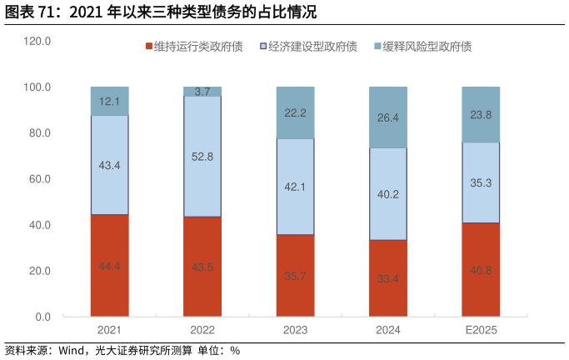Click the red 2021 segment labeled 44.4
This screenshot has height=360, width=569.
click(x=109, y=265)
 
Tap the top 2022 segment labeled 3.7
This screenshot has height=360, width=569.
click(x=202, y=92)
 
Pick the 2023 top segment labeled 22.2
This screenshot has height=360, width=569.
click(x=295, y=112)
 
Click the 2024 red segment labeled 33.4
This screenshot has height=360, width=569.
click(x=388, y=278)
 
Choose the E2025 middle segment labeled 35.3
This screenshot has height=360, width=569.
click(x=481, y=182)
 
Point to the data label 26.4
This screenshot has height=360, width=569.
click(x=388, y=118)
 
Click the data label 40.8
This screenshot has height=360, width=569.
click(x=481, y=270)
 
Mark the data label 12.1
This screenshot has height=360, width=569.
click(x=109, y=102)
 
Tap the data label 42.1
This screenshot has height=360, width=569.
click(x=295, y=187)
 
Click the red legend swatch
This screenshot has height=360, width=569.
click(x=149, y=47)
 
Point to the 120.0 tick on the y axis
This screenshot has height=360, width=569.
click(x=37, y=41)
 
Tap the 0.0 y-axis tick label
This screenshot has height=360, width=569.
click(x=42, y=317)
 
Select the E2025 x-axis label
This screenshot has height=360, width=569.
click(x=481, y=331)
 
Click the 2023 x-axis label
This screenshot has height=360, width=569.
click(x=295, y=331)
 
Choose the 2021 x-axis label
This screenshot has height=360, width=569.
click(x=109, y=331)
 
